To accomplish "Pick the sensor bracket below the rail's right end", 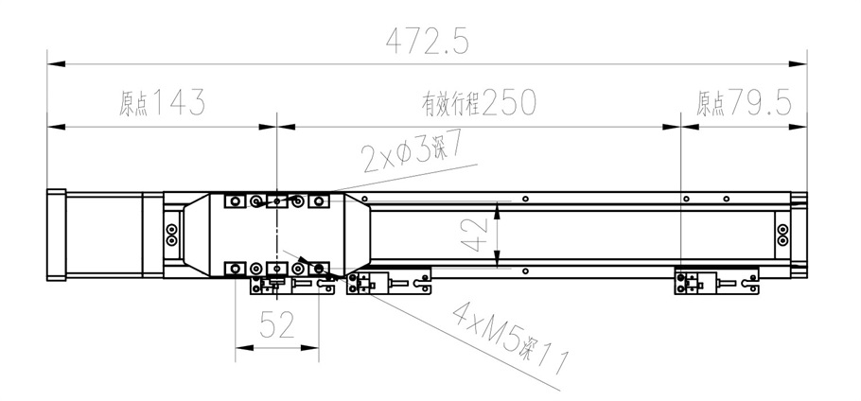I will (716, 281).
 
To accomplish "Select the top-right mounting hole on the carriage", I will (319, 201).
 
